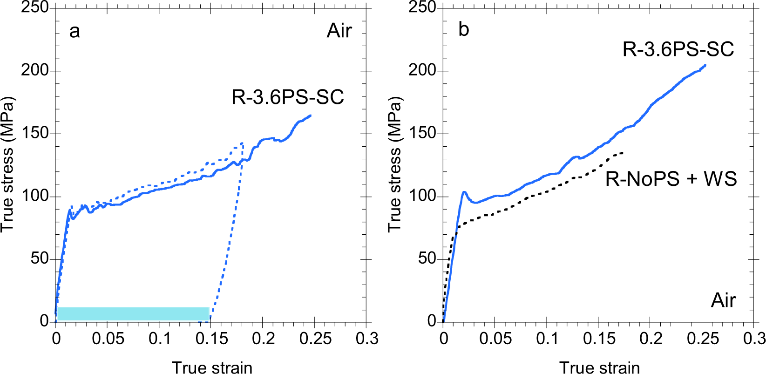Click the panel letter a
(x=75, y=32)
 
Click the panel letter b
(x=463, y=30)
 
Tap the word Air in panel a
(x=339, y=31)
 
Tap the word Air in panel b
(x=723, y=300)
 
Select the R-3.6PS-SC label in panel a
(x=287, y=97)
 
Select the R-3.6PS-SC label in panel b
(x=678, y=49)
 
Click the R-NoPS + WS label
(x=671, y=179)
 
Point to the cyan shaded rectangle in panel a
(x=133, y=313)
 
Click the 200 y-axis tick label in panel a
(x=34, y=70)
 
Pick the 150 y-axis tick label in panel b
(x=422, y=133)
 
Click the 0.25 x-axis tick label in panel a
(x=315, y=339)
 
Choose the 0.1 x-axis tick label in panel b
(x=547, y=339)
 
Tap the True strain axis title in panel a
(x=212, y=367)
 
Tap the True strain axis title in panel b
(x=599, y=367)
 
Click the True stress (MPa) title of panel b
(x=394, y=164)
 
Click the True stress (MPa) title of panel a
(x=7, y=164)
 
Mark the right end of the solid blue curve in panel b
(x=705, y=65)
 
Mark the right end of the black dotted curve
(x=623, y=153)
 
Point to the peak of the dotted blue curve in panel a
(x=242, y=143)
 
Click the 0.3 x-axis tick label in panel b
(x=754, y=339)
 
